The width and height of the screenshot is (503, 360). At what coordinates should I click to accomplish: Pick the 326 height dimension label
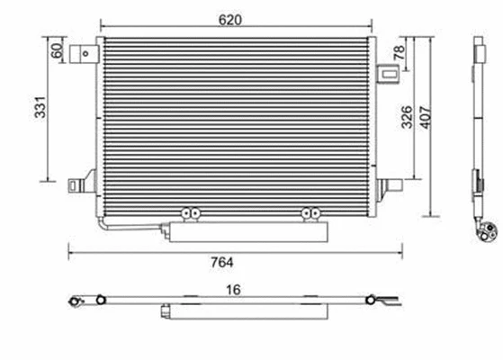click(407, 115)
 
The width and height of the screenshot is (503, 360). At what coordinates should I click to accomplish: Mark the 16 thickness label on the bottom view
click(234, 290)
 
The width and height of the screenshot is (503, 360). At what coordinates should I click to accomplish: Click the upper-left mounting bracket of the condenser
click(85, 54)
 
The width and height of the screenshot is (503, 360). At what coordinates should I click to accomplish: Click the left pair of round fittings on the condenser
click(189, 213)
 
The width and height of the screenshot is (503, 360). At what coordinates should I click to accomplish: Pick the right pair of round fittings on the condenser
click(311, 213)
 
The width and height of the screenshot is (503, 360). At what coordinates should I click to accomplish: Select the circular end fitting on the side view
click(489, 231)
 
